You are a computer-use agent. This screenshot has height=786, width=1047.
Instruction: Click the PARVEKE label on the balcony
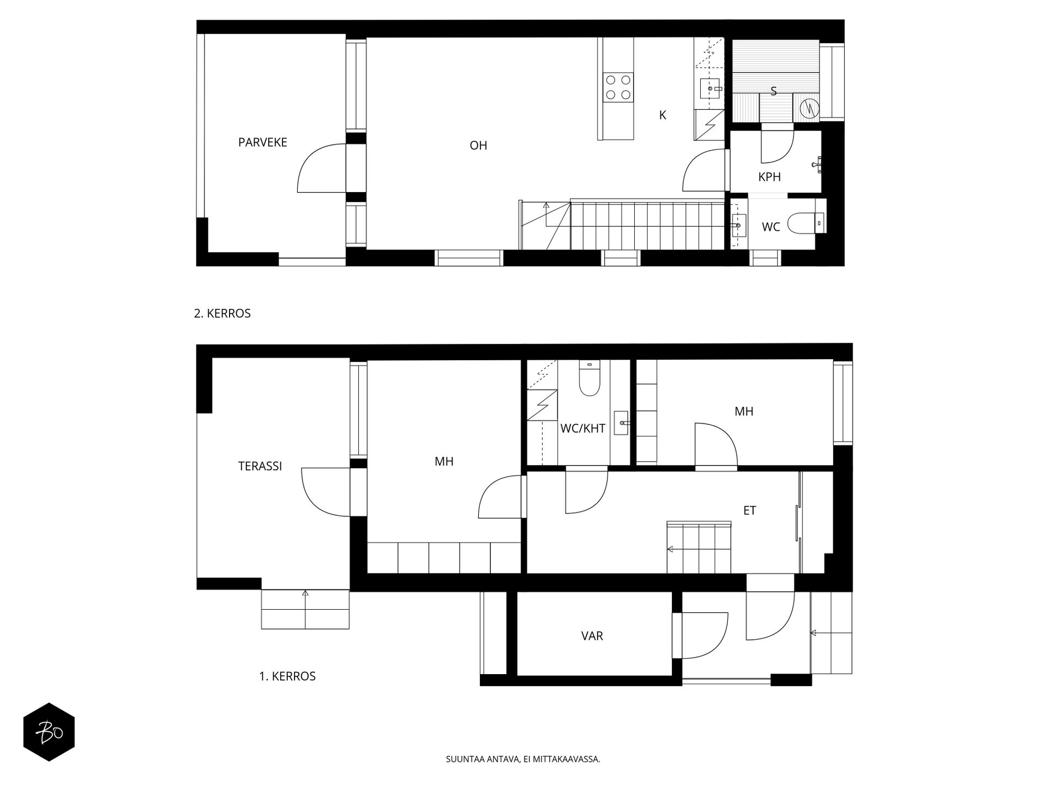(262, 142)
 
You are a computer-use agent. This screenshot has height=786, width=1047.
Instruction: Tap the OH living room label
(478, 146)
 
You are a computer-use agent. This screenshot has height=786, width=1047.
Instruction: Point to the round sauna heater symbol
(810, 108)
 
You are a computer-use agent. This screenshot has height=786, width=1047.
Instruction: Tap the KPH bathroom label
(769, 177)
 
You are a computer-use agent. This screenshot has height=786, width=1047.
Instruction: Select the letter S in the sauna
(773, 91)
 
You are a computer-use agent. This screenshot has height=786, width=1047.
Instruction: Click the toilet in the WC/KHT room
(589, 377)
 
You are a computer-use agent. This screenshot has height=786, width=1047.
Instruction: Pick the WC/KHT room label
(583, 428)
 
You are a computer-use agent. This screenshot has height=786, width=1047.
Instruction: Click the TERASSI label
(260, 466)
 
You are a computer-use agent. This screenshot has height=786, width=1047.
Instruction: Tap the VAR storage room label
(592, 636)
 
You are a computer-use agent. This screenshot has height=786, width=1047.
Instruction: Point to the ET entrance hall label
(750, 510)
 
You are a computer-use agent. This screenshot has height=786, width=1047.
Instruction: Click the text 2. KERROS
(222, 313)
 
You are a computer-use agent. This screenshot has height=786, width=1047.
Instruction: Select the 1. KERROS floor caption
(287, 676)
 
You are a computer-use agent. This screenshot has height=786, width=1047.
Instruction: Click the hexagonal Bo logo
(49, 732)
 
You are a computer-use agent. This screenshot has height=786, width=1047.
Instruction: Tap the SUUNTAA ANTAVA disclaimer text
(523, 759)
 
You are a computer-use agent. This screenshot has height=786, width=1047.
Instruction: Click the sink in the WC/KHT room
(622, 423)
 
